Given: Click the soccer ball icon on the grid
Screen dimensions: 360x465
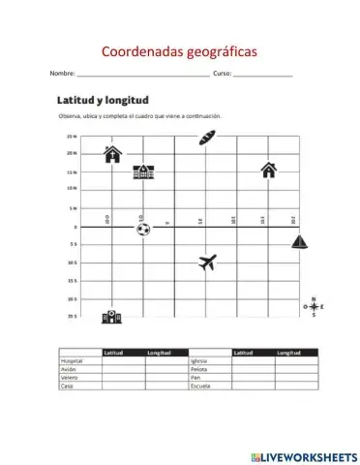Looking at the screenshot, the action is coord(143,230).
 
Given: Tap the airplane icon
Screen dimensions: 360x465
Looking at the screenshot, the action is coord(207,262).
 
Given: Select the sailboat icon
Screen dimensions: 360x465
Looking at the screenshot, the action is coord(300,242).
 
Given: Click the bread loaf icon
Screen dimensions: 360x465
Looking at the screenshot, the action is coord(204,139).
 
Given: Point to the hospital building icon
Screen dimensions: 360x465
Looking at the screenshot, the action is coord(109,316).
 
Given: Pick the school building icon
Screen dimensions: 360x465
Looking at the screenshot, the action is coord(143,171).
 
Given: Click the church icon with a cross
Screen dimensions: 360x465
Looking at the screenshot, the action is coord(113,153).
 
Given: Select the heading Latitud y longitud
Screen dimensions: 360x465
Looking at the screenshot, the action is coord(102,99).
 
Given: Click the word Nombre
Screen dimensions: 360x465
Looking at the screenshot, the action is coord(62,74).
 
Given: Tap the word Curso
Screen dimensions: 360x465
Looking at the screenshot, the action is coord(222,74).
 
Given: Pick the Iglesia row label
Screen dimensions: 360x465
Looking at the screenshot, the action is coord(199,360).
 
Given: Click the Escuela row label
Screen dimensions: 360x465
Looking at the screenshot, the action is coord(200,387).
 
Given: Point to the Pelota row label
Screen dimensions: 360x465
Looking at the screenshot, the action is coord(199,369).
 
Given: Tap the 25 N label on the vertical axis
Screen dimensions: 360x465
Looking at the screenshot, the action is coord(72,137).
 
